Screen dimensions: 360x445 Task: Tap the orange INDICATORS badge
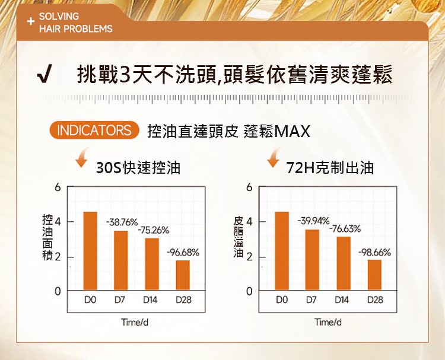coord(95,130)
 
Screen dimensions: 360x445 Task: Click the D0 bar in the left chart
coord(90,250)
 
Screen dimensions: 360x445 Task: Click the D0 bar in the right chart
coord(282,250)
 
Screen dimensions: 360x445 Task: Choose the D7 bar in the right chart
coord(313,259)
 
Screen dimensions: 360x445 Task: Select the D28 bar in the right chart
coord(374,275)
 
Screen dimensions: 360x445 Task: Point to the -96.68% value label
coord(183,253)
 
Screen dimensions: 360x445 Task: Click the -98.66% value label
coord(374,253)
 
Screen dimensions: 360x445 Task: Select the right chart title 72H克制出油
coord(330,168)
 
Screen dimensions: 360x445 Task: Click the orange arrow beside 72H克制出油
coord(274,158)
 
